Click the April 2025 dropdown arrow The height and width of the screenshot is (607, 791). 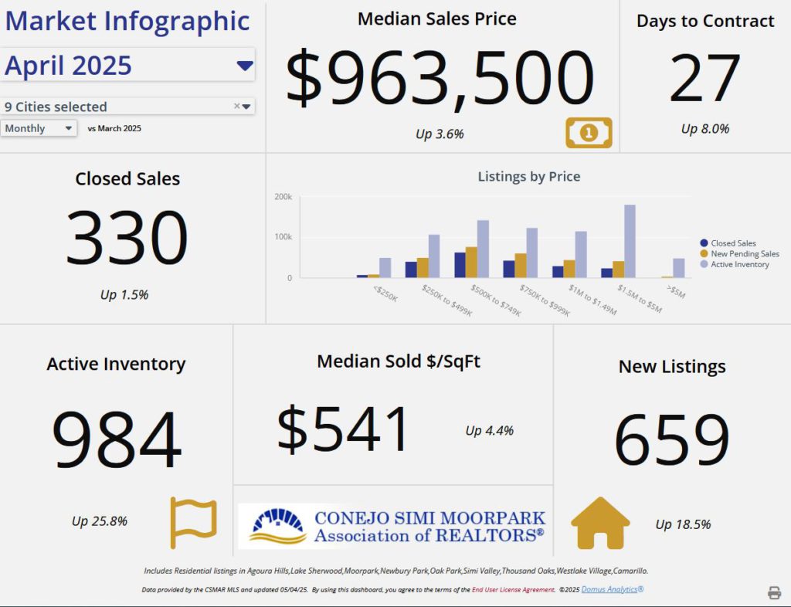click(x=245, y=66)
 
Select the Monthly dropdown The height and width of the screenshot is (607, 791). click(x=39, y=128)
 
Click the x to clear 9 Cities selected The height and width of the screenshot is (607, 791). click(x=236, y=107)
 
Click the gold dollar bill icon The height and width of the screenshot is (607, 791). click(x=589, y=133)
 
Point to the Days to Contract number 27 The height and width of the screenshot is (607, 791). click(x=704, y=79)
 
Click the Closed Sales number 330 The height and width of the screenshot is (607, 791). click(x=127, y=238)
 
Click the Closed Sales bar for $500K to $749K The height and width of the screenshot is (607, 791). click(x=460, y=265)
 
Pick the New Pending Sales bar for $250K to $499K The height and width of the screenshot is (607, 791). click(x=423, y=268)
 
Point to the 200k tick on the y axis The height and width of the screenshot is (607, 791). click(x=283, y=197)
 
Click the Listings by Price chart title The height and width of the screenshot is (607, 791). click(x=528, y=177)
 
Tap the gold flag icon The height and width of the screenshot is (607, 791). click(x=193, y=523)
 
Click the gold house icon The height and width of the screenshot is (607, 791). click(x=600, y=524)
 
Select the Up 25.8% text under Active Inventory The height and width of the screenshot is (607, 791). click(x=100, y=521)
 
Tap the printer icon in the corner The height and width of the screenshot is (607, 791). click(x=774, y=592)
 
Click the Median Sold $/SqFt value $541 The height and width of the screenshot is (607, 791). click(x=344, y=429)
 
